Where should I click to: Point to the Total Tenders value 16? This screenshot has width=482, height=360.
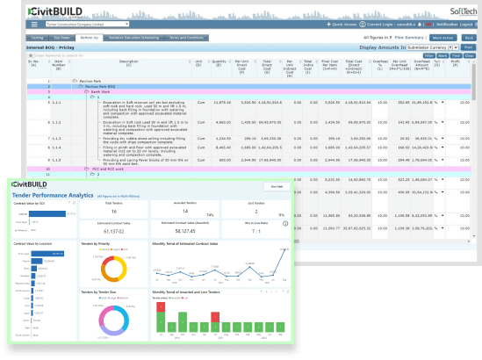pos(114,212)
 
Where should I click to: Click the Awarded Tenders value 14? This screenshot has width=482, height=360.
pos(184,212)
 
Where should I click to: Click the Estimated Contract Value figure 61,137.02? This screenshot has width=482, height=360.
pos(115,233)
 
